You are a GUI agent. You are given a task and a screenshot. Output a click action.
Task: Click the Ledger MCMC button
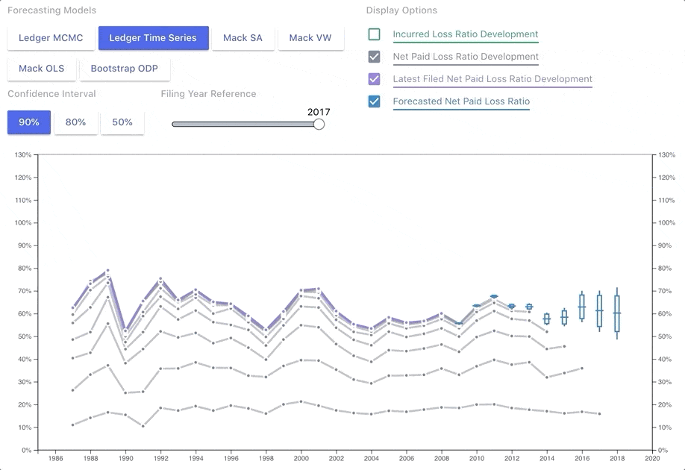click(x=51, y=38)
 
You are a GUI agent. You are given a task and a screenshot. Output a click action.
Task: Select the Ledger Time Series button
click(x=153, y=38)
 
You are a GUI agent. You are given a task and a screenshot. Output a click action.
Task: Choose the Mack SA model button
click(x=243, y=38)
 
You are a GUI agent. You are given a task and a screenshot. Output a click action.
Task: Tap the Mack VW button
click(x=310, y=38)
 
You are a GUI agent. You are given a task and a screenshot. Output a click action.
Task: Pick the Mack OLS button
click(x=41, y=69)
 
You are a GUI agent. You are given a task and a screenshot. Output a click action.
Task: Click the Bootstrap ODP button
click(x=124, y=69)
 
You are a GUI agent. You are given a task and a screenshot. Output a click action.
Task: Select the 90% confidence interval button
click(x=29, y=122)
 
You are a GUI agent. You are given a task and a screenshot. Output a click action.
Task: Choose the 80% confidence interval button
click(x=75, y=122)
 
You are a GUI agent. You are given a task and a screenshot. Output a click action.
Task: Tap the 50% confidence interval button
click(x=122, y=122)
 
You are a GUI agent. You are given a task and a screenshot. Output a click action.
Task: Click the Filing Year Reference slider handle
click(x=319, y=124)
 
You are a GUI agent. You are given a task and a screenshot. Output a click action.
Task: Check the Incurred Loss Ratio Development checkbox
click(x=375, y=34)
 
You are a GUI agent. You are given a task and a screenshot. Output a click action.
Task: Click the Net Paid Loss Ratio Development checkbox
click(x=375, y=57)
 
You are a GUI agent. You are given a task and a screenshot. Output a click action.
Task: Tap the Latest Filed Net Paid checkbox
click(x=375, y=79)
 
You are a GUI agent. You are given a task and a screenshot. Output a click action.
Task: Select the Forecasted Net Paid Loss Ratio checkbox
click(x=375, y=101)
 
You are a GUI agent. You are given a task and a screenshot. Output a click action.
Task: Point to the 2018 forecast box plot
click(x=617, y=313)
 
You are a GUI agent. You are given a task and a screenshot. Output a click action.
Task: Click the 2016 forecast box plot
click(x=582, y=307)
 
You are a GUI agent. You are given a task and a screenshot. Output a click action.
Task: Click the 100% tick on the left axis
click(x=23, y=223)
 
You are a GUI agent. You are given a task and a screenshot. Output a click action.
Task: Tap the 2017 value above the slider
click(x=319, y=112)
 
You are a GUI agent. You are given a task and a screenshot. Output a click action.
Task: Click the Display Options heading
click(x=401, y=10)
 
